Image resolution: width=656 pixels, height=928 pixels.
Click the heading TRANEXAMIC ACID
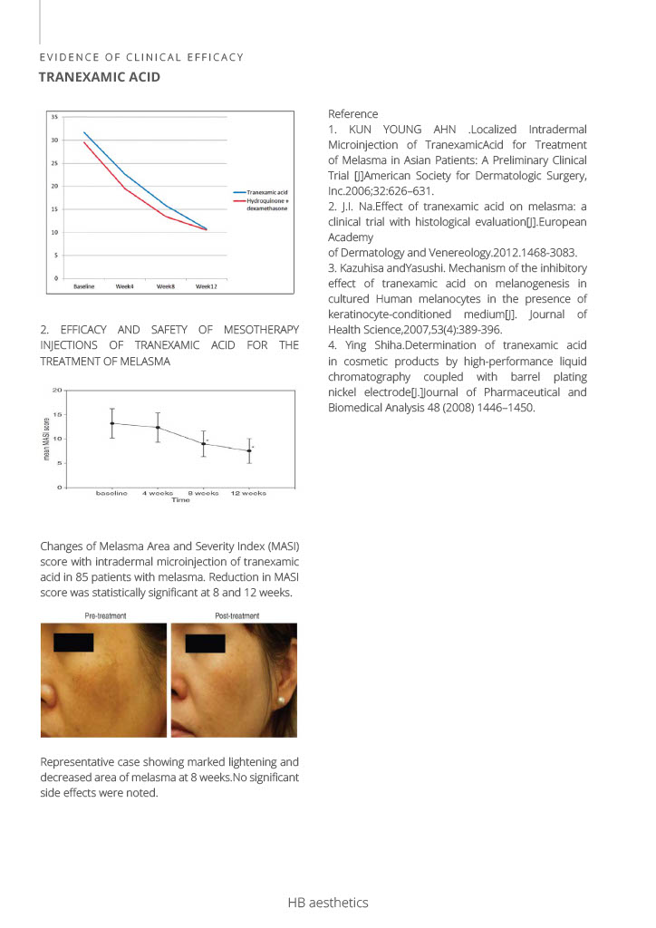click(100, 77)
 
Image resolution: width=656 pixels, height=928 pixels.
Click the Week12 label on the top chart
click(207, 285)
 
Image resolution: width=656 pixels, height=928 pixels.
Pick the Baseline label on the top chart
click(84, 285)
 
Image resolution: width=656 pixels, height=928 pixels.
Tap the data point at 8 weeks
click(204, 443)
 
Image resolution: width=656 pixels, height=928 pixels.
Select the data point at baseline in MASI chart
click(111, 423)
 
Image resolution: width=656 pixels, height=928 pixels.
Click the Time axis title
click(181, 499)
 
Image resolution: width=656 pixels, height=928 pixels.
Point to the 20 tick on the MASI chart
click(56, 391)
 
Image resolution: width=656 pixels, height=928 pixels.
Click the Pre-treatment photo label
click(105, 616)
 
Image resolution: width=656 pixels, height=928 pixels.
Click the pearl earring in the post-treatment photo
click(282, 701)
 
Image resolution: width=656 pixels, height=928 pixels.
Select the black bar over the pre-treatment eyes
click(74, 643)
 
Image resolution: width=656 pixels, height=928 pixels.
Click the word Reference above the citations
click(352, 114)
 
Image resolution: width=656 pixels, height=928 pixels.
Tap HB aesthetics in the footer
click(328, 903)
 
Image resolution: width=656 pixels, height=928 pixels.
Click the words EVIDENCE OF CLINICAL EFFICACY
click(140, 57)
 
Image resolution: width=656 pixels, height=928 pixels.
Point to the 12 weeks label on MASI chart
click(248, 493)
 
